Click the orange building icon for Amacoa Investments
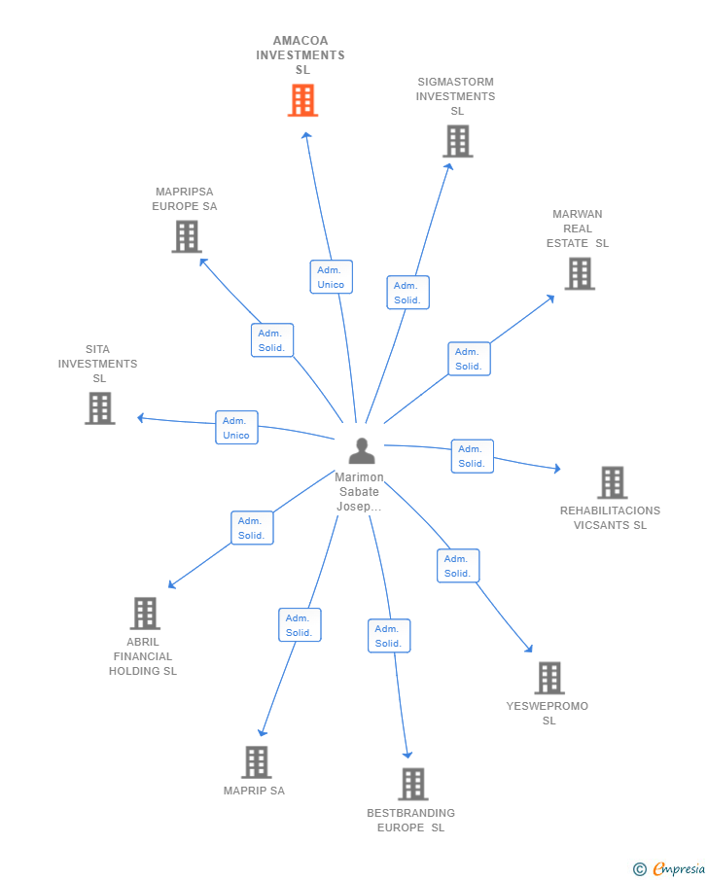[302, 100]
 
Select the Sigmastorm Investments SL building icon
[457, 141]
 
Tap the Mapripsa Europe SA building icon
[186, 236]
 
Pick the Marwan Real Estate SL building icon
[580, 273]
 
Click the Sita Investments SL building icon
[99, 408]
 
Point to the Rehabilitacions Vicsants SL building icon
[612, 482]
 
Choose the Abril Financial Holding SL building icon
[145, 614]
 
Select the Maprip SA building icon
[256, 762]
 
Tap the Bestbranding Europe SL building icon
[412, 784]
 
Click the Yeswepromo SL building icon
[549, 678]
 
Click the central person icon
[362, 451]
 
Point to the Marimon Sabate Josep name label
[359, 492]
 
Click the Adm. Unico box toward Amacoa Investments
[331, 277]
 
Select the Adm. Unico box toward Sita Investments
[236, 428]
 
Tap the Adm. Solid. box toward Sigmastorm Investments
[407, 293]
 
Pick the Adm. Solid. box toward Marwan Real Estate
[469, 359]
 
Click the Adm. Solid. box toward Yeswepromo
[457, 566]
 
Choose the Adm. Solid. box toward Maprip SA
[299, 625]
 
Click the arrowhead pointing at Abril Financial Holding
[171, 585]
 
